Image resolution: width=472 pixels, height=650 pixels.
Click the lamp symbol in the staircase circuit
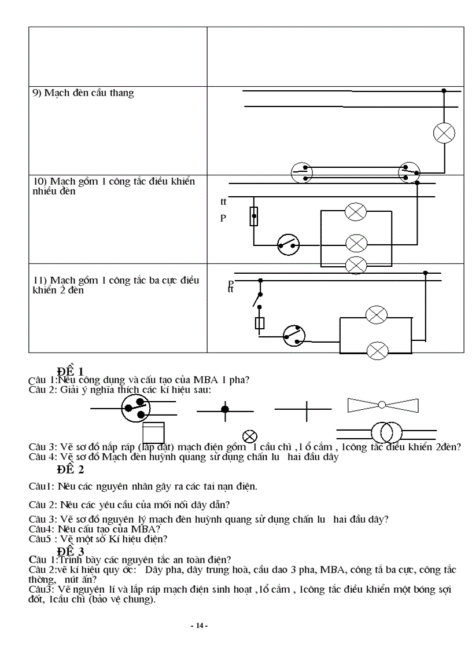(x=444, y=133)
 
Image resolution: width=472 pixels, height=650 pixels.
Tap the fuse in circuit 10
(x=253, y=216)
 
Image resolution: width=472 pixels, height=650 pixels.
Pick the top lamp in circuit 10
(x=355, y=212)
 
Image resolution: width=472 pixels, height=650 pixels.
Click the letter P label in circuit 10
(x=223, y=218)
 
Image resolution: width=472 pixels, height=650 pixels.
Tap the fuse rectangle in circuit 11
(x=260, y=322)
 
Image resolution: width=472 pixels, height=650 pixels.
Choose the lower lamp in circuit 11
(x=377, y=350)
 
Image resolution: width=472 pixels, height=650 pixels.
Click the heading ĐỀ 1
(x=70, y=371)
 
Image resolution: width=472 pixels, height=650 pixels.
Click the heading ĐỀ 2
(x=70, y=469)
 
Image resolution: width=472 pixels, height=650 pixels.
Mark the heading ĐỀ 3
(x=70, y=550)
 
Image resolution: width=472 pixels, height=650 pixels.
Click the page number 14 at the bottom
(x=199, y=626)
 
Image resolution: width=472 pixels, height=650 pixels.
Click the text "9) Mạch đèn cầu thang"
(x=83, y=93)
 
